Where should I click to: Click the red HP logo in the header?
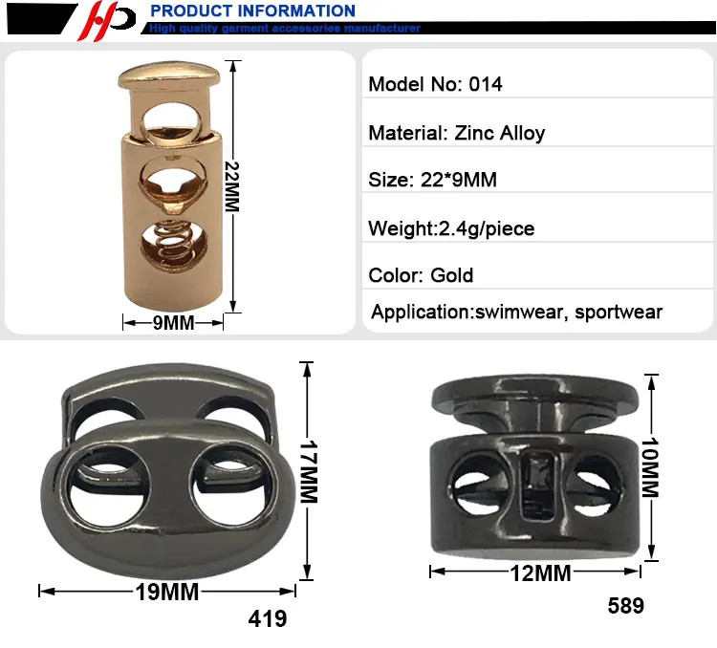pos(107,21)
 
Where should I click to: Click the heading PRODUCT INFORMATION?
pos(253,11)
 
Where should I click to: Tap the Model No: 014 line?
pos(435,84)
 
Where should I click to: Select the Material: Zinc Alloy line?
pos(457,133)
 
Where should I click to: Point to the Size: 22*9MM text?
pos(432,180)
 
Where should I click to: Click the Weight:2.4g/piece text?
pos(451,228)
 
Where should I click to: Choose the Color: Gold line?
pos(421,275)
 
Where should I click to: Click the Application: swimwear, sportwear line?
pos(516,313)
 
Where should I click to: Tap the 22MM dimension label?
pos(232,186)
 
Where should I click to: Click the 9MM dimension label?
pos(173,323)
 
